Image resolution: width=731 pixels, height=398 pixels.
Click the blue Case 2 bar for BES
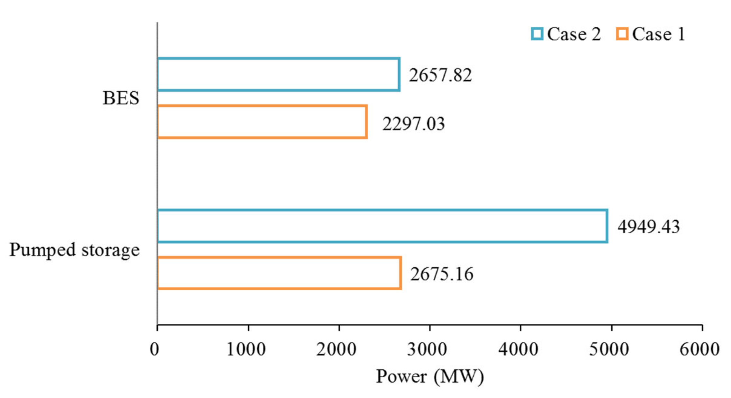point(279,75)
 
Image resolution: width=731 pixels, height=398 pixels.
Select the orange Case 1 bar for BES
point(262,122)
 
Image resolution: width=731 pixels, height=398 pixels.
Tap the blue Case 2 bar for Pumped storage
point(382,226)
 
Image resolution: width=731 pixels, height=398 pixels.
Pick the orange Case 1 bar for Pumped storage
point(279,273)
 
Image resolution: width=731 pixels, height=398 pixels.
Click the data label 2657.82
point(440,75)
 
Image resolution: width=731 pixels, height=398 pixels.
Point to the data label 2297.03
point(413,124)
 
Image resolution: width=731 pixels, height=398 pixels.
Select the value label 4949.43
point(648,227)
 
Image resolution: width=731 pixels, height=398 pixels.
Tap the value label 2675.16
point(441,274)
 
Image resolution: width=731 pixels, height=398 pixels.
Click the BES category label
point(121,98)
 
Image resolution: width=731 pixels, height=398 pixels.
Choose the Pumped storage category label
point(74,250)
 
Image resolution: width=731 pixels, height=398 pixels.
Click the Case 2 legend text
point(574,34)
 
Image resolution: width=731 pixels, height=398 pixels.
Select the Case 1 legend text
point(658,34)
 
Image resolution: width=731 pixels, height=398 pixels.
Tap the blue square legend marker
point(537,34)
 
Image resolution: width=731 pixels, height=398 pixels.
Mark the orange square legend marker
point(622,34)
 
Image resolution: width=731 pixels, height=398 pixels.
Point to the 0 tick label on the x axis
point(154,349)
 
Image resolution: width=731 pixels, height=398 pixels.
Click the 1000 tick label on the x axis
point(246,349)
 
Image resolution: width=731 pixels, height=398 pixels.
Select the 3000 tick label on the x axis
point(427,349)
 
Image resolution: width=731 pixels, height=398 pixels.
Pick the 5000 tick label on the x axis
point(609,349)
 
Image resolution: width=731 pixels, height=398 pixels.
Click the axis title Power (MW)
point(430,376)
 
